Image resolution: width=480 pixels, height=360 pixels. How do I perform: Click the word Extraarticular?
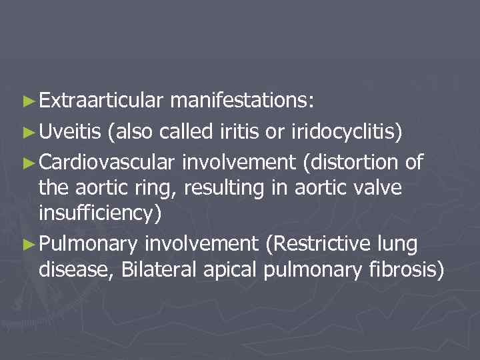coord(101,101)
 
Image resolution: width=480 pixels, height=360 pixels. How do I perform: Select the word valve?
coord(377,189)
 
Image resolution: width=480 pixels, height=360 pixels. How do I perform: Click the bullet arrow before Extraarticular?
coord(27,102)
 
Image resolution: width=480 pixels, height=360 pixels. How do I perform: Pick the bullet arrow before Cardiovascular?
coord(27,161)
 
